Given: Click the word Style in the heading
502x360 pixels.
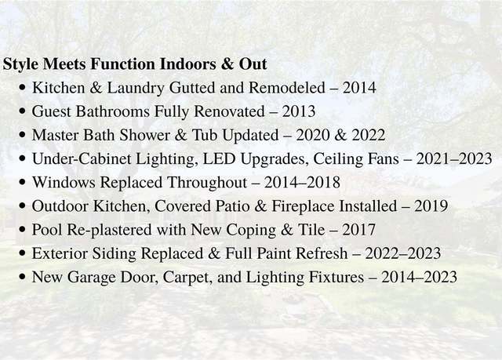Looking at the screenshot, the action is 20,64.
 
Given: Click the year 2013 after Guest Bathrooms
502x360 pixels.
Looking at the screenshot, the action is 299,111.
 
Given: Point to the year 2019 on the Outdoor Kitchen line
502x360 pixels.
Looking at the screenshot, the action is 431,206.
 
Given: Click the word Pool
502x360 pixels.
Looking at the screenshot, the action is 47,230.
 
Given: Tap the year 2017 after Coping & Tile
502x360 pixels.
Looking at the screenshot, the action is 358,230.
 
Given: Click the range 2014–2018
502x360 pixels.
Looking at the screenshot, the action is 302,183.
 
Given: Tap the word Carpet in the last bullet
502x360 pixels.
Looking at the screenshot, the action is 188,278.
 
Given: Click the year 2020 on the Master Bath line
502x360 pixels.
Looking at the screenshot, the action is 312,135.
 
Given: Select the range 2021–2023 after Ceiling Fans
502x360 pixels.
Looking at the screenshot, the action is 454,158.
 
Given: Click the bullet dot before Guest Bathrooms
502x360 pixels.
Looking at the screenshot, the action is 22,111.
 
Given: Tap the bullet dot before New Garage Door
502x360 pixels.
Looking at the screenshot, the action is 22,277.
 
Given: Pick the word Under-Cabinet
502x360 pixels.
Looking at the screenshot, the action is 82,158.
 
